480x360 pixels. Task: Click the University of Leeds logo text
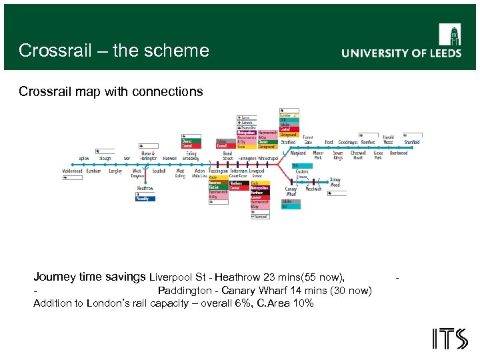[x=401, y=53]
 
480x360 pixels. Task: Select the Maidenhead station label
[x=73, y=171]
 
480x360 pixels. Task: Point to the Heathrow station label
[x=145, y=189]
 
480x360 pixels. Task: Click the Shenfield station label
[x=412, y=142]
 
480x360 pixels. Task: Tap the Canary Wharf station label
[x=291, y=192]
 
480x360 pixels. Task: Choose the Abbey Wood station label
[x=335, y=182]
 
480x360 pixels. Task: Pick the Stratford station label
[x=288, y=142]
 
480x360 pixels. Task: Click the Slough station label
[x=105, y=159]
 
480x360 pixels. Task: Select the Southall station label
[x=159, y=171]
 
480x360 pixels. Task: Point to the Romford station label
[x=367, y=142]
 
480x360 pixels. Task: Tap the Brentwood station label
[x=399, y=153]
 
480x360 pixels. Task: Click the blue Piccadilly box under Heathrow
[x=143, y=199]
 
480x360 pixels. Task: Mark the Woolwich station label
[x=313, y=189]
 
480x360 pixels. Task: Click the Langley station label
[x=115, y=171]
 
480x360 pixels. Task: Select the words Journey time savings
[x=90, y=277]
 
